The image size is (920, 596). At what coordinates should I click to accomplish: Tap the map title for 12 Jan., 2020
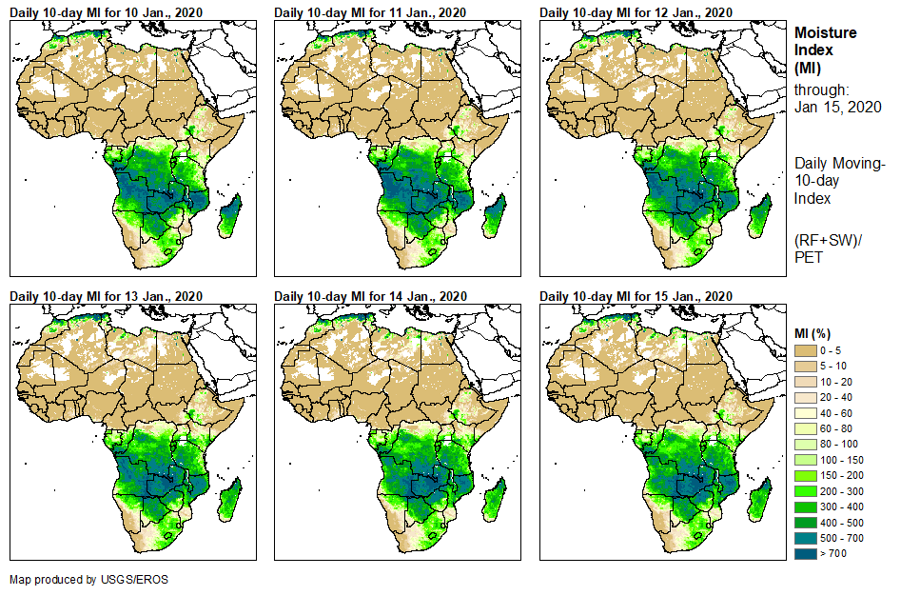coord(636,12)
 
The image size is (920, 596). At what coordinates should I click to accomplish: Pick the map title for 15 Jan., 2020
coord(636,296)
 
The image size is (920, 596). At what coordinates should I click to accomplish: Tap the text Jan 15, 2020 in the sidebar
coord(837,107)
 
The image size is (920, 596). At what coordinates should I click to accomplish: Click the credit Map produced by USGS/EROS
coord(88,579)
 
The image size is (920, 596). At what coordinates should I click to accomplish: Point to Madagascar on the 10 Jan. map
coord(230,215)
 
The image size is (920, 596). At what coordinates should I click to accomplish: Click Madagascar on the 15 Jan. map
coord(759,499)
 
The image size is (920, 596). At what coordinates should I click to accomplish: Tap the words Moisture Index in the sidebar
coord(824,41)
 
